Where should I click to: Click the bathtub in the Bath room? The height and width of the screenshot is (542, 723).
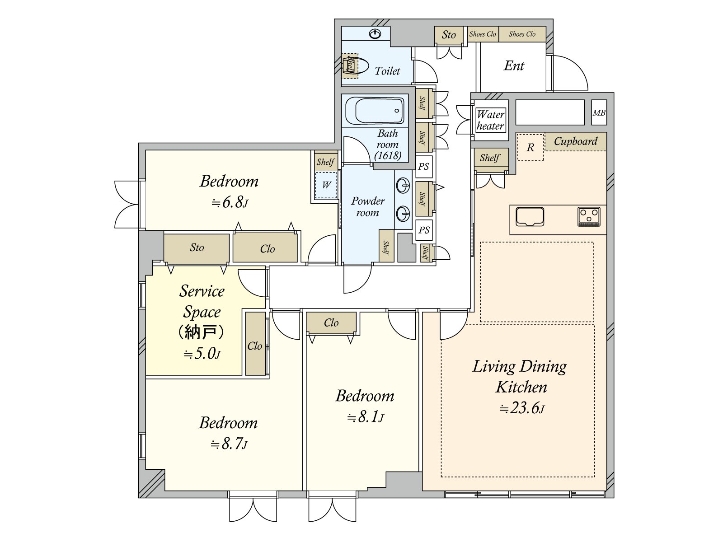coord(375,111)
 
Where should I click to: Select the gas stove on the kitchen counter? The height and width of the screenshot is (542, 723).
coord(589,217)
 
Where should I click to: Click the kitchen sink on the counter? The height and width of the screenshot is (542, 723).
coord(530,217)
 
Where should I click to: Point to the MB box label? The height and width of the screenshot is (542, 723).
coord(599,112)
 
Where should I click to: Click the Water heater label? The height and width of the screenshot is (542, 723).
coord(490,120)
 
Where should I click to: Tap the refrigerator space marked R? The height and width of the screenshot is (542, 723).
coord(531,147)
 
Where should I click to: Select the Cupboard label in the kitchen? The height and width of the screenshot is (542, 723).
coord(575,141)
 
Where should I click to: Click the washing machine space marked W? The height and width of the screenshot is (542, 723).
coord(326,185)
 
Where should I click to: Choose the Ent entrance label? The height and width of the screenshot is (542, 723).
coord(514,66)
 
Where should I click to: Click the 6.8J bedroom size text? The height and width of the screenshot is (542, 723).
coord(230,202)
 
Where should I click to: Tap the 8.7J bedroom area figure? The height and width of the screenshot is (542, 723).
coord(229,444)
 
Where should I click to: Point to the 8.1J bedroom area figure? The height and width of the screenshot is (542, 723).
coord(365,417)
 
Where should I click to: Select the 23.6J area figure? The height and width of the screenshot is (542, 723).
coord(522,408)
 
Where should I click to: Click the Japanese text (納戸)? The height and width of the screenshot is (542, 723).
coord(202,332)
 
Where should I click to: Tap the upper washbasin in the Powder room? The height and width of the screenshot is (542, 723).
coord(403,185)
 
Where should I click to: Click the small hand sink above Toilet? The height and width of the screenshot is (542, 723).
coord(375,33)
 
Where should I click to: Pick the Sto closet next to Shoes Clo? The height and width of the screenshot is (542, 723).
coord(449,35)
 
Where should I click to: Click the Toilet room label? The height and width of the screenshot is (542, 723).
coord(387,71)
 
